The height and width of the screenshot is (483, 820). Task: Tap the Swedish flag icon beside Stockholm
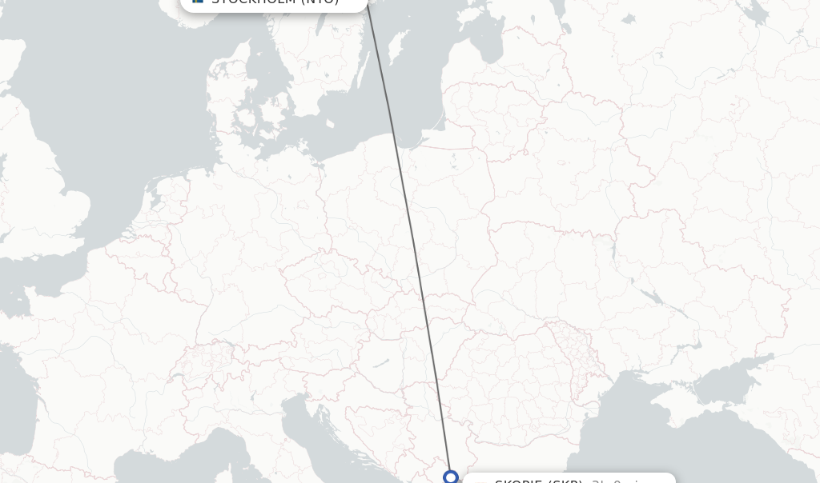click(x=198, y=2)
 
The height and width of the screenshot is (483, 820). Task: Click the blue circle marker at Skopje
click(x=450, y=477)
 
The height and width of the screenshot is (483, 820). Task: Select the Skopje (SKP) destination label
click(x=538, y=481)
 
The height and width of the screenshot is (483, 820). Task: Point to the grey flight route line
click(x=408, y=240)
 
